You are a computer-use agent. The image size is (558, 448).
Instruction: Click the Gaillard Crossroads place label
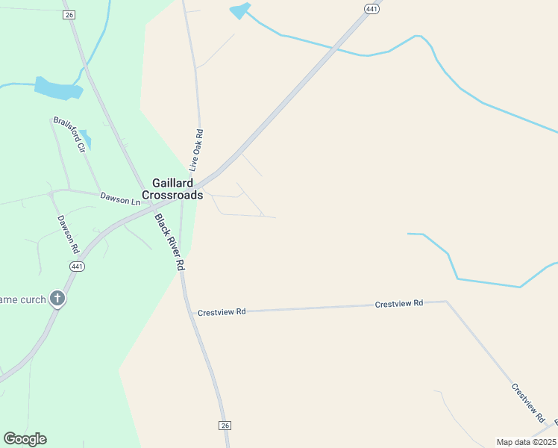pos(172,189)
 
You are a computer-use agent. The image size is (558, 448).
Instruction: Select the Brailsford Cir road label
pos(70,134)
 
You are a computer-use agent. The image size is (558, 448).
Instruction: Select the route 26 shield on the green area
pos(69,15)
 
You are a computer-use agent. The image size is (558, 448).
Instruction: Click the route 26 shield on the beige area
pos(225,425)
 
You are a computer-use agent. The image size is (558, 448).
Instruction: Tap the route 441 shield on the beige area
pos(372,8)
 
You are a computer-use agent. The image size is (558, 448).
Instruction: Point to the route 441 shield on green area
pos(77,267)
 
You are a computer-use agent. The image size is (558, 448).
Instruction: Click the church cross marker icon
pos(57,299)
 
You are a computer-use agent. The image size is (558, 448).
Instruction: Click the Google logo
pos(25,439)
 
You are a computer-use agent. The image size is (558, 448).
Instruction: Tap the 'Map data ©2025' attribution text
pos(526,442)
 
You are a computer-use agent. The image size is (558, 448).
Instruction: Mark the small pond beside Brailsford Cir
pos(86,138)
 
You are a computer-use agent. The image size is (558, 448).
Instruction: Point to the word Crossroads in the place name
pos(172,195)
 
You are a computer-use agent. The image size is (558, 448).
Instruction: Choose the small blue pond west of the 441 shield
pos(240,10)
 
